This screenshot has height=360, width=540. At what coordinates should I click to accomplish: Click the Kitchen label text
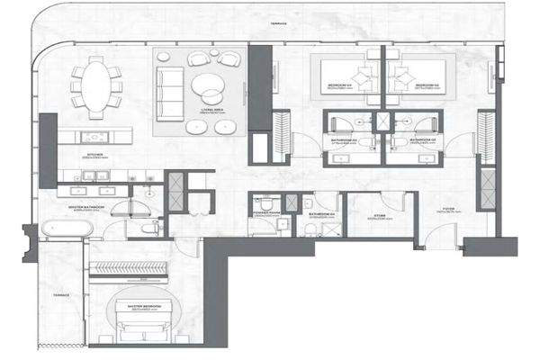tap(95, 154)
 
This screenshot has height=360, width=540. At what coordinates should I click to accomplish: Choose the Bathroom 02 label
tap(422, 140)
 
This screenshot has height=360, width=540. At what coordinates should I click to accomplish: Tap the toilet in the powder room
tap(257, 202)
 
